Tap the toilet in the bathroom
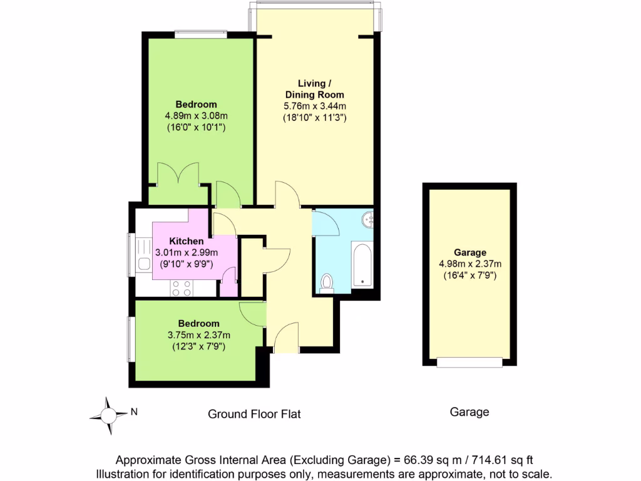(326, 283)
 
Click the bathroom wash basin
(369, 219)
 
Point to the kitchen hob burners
(182, 287)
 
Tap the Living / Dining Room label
(312, 89)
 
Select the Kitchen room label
(186, 241)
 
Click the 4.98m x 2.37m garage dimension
(470, 264)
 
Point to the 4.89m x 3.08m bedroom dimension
(195, 116)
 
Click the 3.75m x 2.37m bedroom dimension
(199, 334)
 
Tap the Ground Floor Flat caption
(254, 414)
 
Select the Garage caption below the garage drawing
(469, 412)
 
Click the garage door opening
(469, 361)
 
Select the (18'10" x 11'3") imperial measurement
(314, 117)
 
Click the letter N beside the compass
(134, 412)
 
